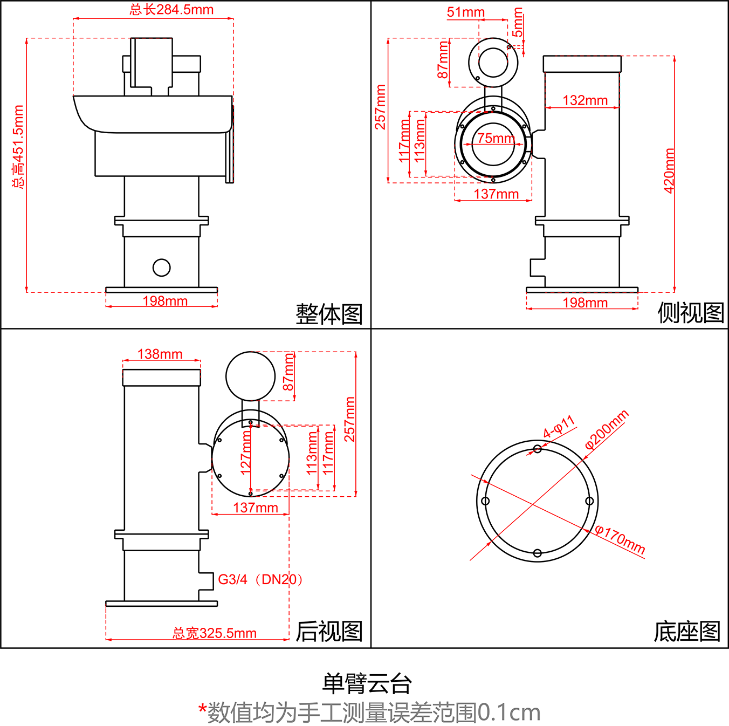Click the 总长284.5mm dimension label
[171, 10]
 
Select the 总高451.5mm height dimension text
[18, 147]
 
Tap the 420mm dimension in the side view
[669, 170]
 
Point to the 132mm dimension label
[585, 100]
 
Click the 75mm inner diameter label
[495, 138]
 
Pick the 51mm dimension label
[465, 12]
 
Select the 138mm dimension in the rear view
[160, 354]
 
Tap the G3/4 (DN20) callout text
[260, 579]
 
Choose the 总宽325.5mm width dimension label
[214, 633]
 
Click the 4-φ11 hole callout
[559, 427]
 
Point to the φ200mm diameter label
[607, 430]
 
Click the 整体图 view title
[329, 313]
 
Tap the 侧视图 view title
[690, 312]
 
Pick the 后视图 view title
[329, 631]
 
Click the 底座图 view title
[687, 631]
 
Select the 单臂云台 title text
[367, 683]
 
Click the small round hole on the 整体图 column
[161, 268]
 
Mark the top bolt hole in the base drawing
[537, 449]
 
